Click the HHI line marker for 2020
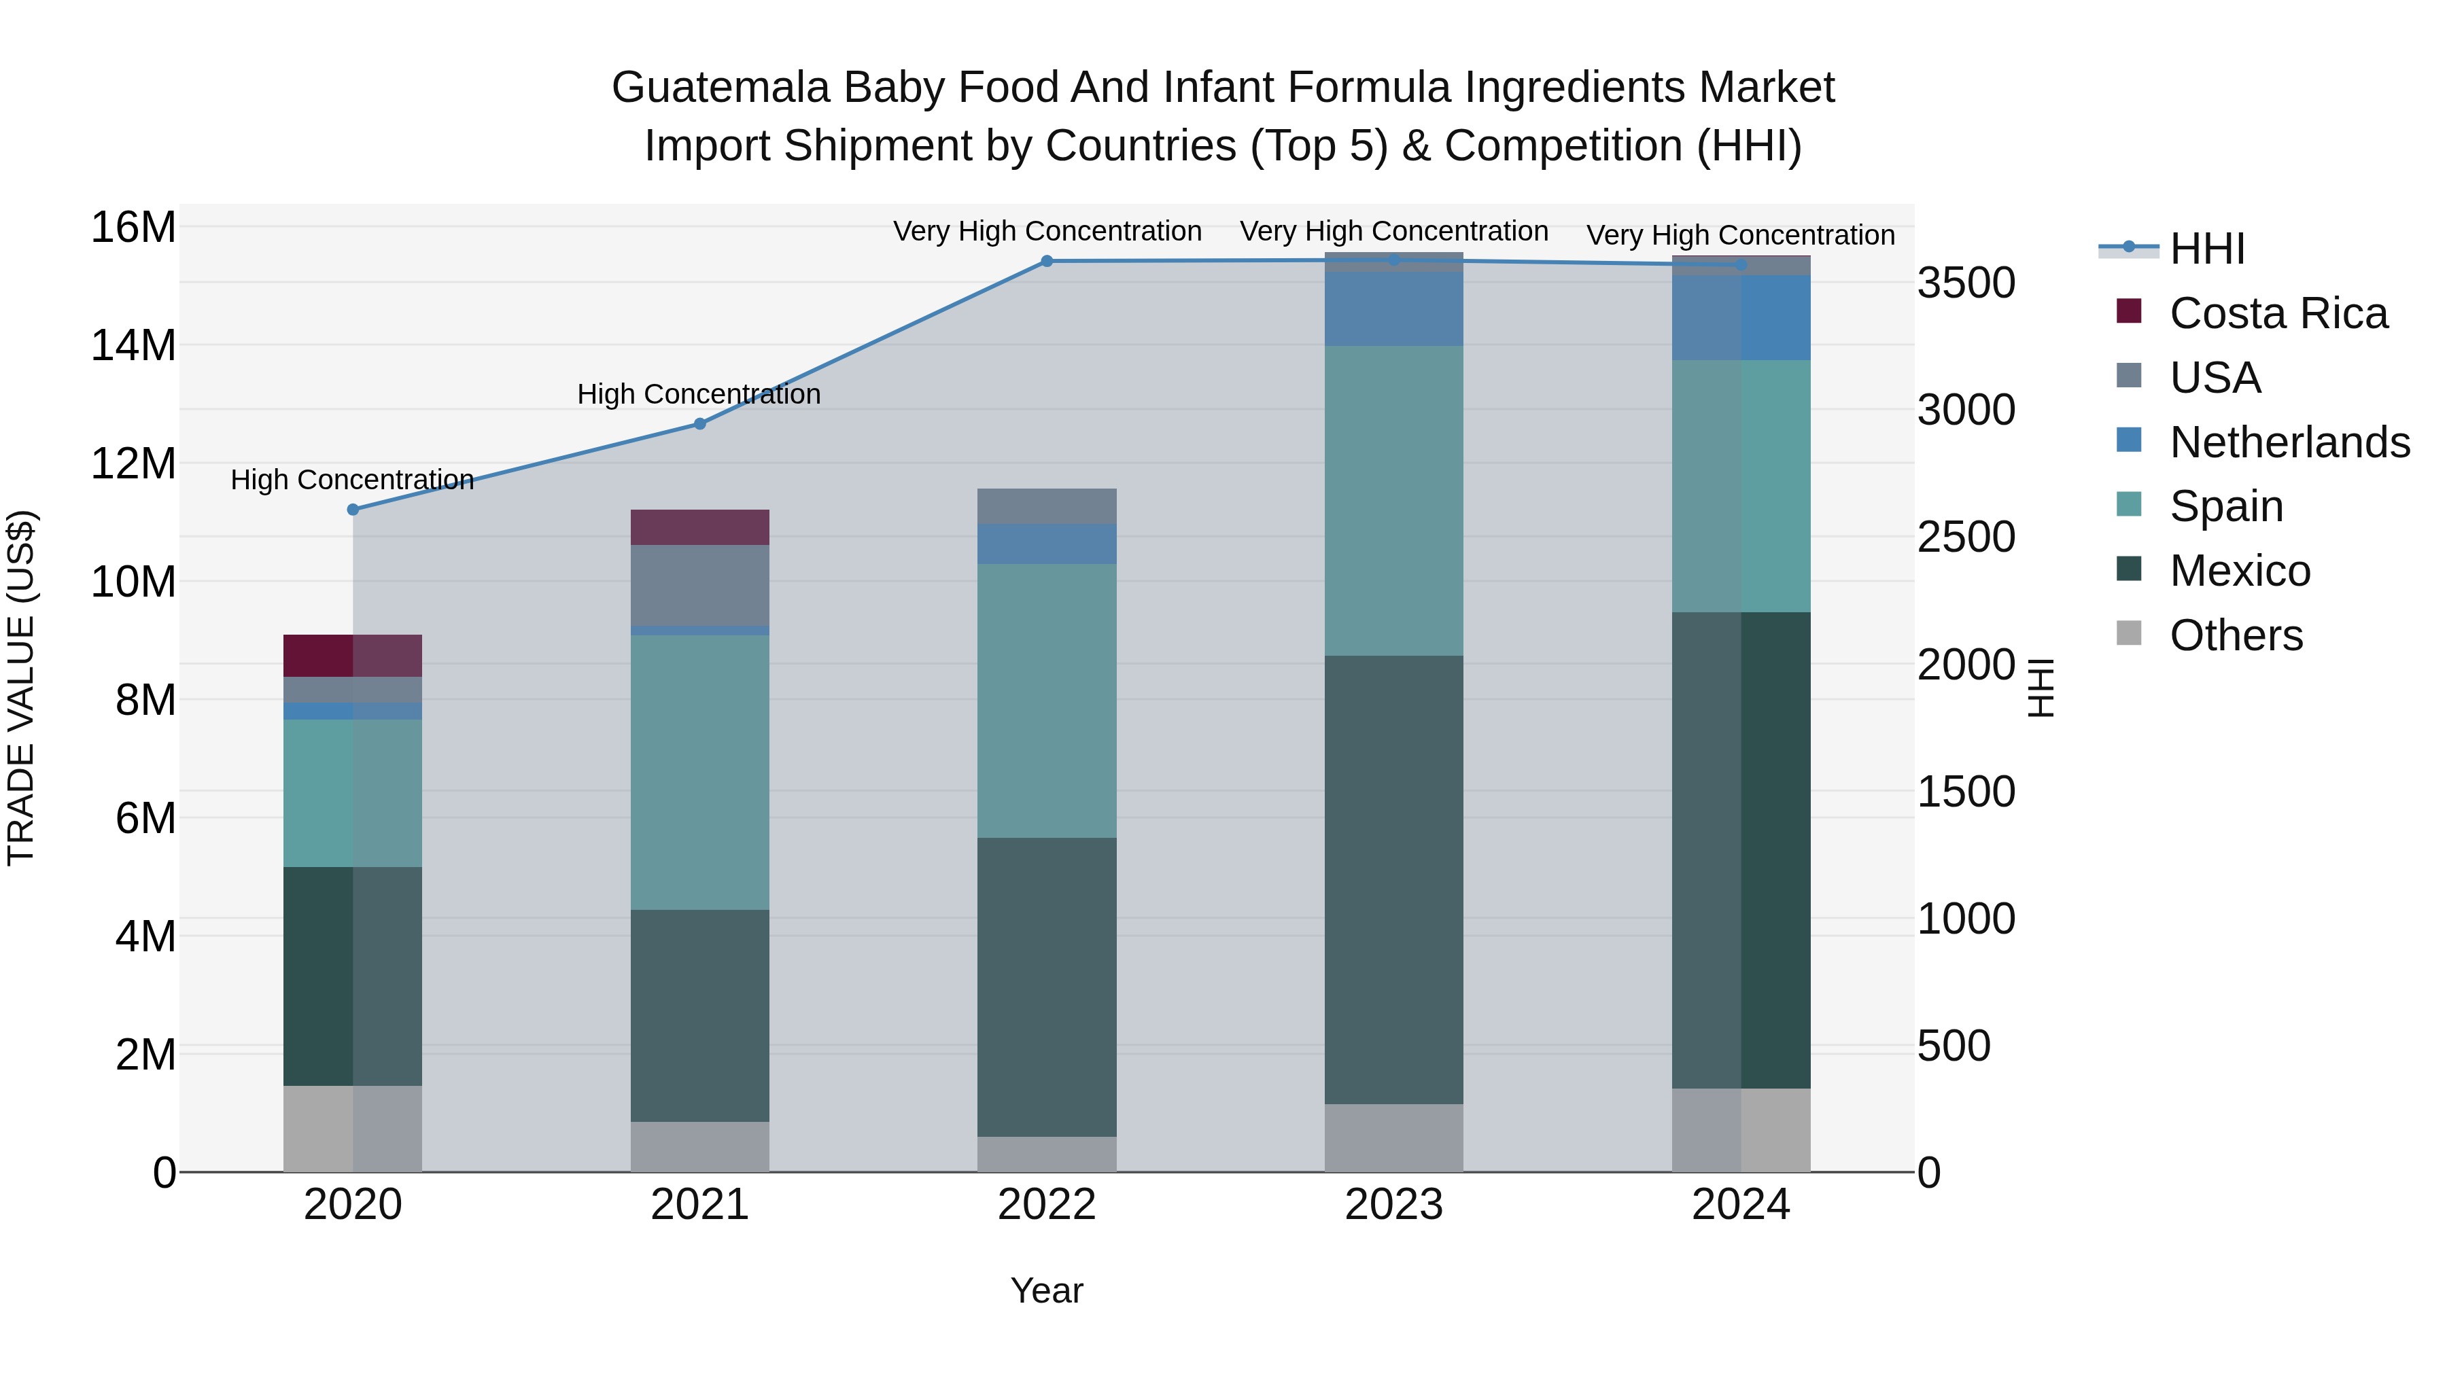click(x=352, y=510)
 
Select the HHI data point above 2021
click(x=700, y=423)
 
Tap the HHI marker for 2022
click(x=1047, y=261)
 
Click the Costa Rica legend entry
click(x=2278, y=313)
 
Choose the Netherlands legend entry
click(x=2289, y=442)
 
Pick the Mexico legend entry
click(x=2239, y=571)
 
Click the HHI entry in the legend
click(x=2206, y=249)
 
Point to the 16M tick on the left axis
click(x=133, y=228)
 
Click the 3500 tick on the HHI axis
click(x=1965, y=283)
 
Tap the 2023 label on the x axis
click(x=1393, y=1205)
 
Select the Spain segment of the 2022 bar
click(x=1047, y=701)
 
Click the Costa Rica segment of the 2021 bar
click(x=700, y=527)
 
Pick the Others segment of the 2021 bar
click(x=700, y=1146)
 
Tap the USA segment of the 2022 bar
click(x=1047, y=506)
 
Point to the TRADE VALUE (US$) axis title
click(x=21, y=688)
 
